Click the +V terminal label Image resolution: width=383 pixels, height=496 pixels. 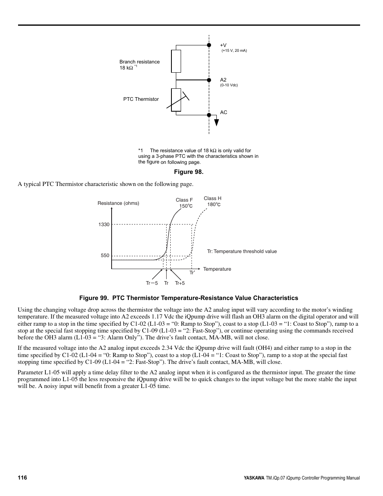(x=223, y=45)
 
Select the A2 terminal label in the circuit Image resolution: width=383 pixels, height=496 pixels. (x=223, y=80)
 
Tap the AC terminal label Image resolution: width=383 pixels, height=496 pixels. (x=224, y=112)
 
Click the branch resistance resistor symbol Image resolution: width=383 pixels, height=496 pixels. (x=176, y=61)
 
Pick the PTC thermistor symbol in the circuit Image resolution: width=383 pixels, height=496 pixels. (x=176, y=100)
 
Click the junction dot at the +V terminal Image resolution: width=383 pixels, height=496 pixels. (x=209, y=45)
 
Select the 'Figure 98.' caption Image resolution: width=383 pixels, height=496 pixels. (x=189, y=172)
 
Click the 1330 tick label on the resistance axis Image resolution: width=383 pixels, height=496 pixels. (x=104, y=225)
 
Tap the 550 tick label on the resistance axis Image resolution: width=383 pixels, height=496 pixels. (x=105, y=255)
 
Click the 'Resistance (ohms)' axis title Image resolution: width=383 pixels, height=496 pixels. (x=118, y=203)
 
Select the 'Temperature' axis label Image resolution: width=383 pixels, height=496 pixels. (x=217, y=269)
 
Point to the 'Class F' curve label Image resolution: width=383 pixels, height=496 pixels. (x=184, y=200)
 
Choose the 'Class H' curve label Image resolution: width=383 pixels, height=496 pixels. (x=212, y=198)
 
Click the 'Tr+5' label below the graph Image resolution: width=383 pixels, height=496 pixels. (x=180, y=283)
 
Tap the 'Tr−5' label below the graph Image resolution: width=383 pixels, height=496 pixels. (x=152, y=283)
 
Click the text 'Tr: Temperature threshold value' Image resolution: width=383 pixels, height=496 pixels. (x=242, y=251)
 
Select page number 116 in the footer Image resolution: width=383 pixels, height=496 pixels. (x=22, y=478)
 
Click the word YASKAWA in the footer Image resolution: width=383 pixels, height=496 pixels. (x=254, y=478)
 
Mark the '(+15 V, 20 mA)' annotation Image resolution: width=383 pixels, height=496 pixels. (x=234, y=51)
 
